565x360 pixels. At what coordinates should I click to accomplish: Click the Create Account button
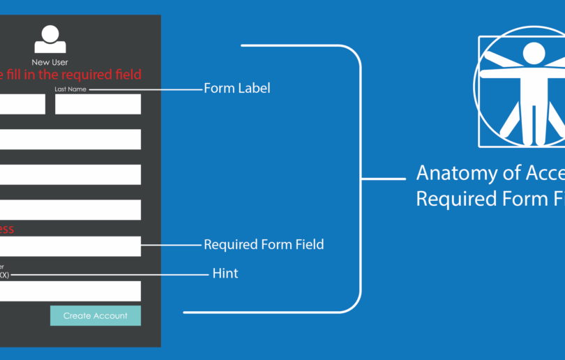pos(95,315)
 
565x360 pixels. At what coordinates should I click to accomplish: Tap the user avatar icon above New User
pos(50,39)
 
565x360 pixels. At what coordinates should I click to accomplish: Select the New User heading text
pos(50,63)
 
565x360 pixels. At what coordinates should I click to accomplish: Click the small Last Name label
pos(70,89)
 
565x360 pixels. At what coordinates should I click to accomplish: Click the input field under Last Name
pos(98,104)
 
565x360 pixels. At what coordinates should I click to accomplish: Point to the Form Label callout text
pos(236,89)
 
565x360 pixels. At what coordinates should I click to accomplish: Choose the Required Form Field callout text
pos(264,245)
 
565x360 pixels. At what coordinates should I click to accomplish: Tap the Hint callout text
pos(225,273)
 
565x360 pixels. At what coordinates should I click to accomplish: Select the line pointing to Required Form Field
pos(170,245)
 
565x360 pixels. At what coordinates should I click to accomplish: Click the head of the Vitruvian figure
pos(534,52)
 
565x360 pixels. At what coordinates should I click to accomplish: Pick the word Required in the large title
pos(450,199)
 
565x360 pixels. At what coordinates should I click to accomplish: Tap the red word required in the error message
pos(87,75)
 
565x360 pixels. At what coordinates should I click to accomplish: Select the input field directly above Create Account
pos(70,291)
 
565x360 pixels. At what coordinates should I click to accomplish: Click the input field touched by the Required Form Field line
pos(70,246)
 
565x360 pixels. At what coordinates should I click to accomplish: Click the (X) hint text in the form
pos(4,275)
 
